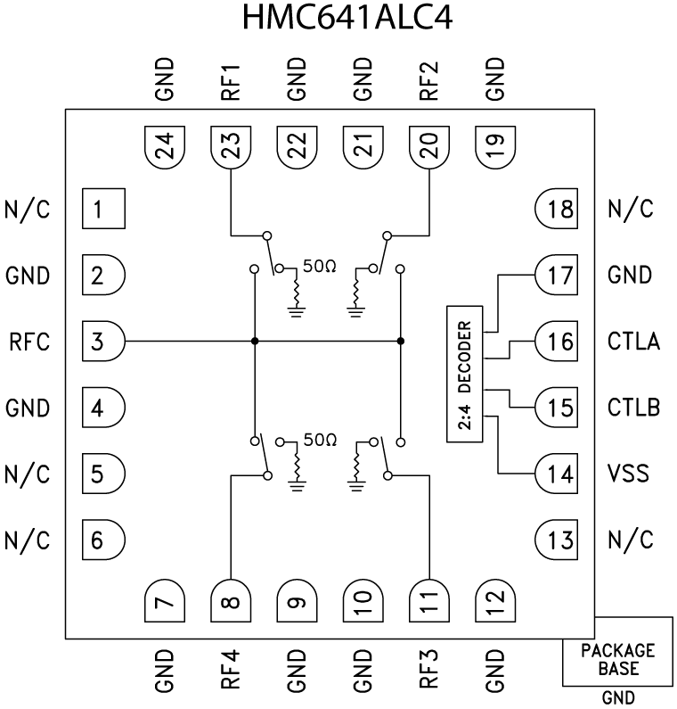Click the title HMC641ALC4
338,20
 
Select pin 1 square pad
102,210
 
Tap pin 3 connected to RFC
102,342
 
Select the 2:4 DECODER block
463,373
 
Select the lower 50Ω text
318,441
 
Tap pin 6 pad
102,540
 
